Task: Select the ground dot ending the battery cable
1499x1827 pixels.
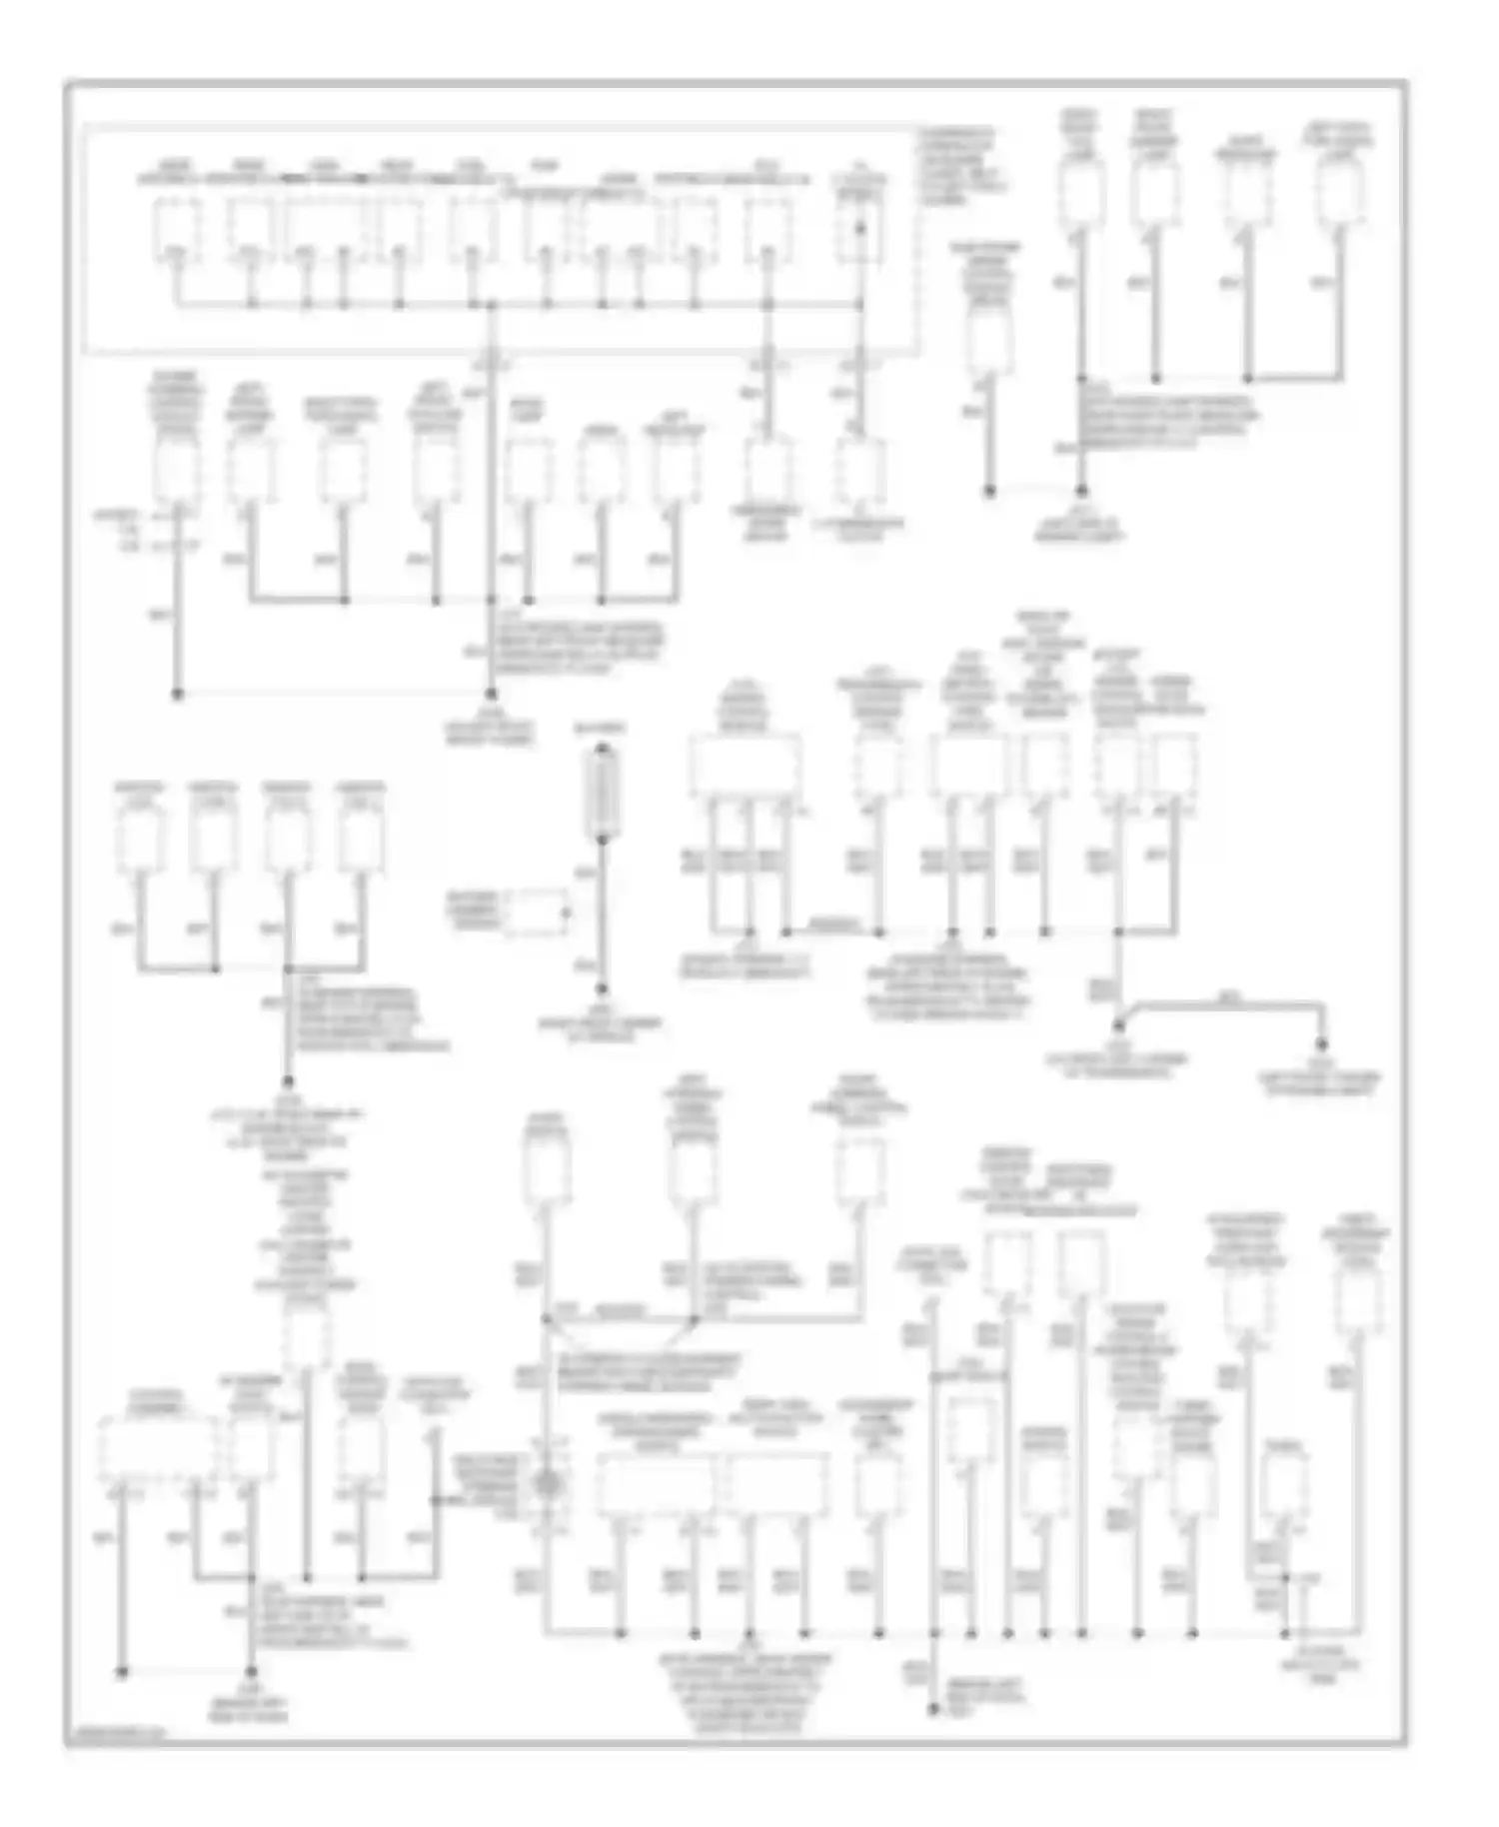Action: point(603,990)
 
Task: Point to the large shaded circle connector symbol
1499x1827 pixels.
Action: point(547,1482)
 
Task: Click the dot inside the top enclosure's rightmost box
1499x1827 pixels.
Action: point(860,229)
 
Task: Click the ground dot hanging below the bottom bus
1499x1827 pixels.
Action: point(933,1710)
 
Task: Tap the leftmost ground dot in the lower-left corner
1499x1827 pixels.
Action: point(123,1670)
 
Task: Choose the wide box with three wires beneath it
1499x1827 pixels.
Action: point(744,768)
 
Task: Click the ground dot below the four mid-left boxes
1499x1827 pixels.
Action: point(288,1081)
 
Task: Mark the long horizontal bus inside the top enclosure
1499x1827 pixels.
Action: point(520,303)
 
